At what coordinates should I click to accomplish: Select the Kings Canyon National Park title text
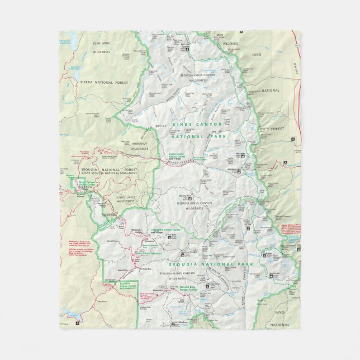coord(197,130)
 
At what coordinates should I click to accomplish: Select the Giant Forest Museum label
coord(149,253)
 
